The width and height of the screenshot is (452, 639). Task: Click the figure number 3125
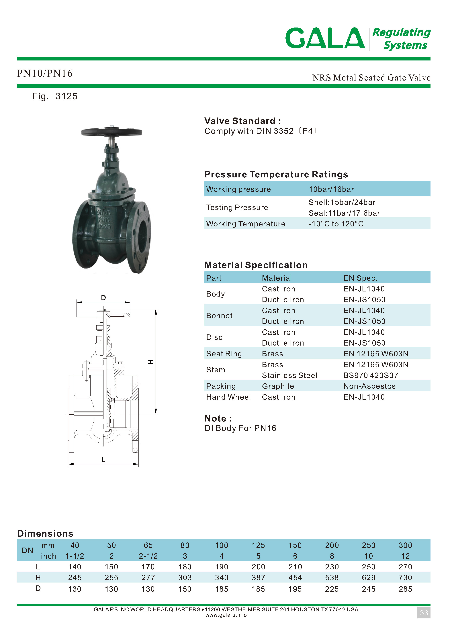pos(66,96)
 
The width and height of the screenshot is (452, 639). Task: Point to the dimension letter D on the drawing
pos(103,298)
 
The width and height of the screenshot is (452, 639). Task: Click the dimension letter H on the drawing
pos(150,362)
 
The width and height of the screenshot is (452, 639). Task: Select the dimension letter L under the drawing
pos(103,460)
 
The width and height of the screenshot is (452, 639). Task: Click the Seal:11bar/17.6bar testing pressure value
pos(344,213)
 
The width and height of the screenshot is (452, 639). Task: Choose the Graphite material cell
pos(278,386)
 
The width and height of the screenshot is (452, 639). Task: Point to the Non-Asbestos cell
pos(369,386)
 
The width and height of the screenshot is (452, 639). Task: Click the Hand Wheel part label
pos(228,397)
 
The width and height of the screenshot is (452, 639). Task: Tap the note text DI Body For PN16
pos(240,428)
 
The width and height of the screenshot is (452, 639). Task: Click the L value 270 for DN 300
pos(405,567)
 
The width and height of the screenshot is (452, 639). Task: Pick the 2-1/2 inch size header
pos(148,556)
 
